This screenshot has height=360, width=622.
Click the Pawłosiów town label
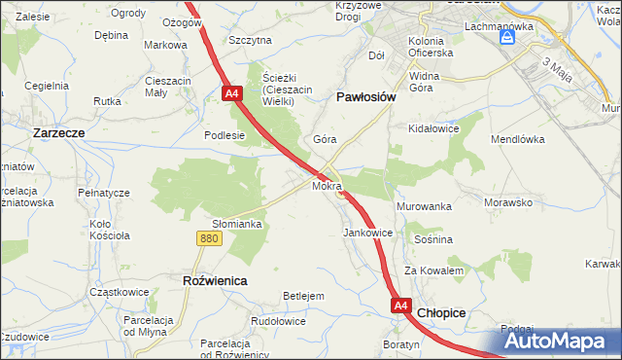click(364, 97)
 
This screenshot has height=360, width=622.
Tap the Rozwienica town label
click(215, 280)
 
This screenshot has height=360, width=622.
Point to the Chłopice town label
click(441, 312)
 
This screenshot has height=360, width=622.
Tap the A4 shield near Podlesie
click(231, 93)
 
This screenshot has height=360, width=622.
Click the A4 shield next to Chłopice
click(401, 306)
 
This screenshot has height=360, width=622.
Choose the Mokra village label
click(327, 185)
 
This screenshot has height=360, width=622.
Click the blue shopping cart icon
click(506, 38)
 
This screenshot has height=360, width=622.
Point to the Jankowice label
click(368, 234)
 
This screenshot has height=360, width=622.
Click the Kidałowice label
click(433, 127)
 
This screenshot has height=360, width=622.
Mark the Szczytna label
click(250, 40)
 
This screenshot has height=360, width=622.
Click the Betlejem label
click(302, 296)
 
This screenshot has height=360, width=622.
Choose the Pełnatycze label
click(104, 193)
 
